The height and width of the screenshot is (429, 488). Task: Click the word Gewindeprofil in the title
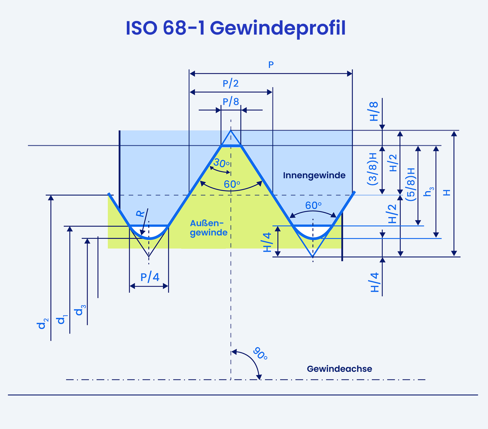(x=278, y=29)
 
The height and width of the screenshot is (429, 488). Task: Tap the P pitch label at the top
(x=271, y=65)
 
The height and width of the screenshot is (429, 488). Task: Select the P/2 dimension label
(x=230, y=83)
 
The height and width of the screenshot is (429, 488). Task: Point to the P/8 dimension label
(x=231, y=101)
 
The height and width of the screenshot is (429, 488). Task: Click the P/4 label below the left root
(x=150, y=277)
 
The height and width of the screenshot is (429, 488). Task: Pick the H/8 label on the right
(x=374, y=111)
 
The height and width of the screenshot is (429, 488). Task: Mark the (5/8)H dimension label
(x=410, y=184)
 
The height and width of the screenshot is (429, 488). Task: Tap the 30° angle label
(x=221, y=163)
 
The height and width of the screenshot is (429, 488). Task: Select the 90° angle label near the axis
(x=260, y=354)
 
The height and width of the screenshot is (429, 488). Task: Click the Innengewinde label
(x=314, y=175)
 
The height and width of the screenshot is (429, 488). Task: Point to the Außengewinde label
(x=208, y=228)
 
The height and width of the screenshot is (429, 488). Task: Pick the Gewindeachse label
(x=339, y=369)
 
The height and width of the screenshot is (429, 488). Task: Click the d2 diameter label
(x=42, y=324)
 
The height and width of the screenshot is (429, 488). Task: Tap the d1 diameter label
(x=62, y=319)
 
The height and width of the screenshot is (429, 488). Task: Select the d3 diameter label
(x=80, y=310)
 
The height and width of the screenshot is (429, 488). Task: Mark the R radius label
(x=140, y=213)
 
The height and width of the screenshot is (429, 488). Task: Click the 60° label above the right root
(x=313, y=206)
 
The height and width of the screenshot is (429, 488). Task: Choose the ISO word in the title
(x=142, y=28)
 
